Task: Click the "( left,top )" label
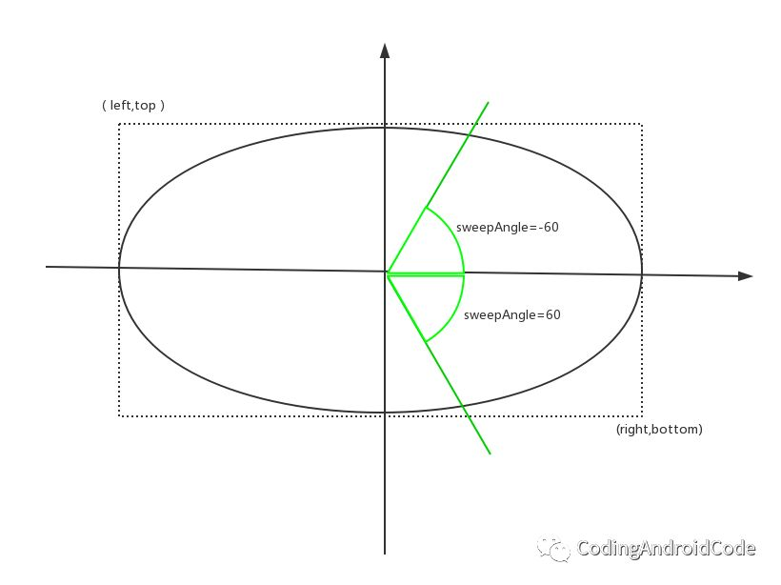point(133,106)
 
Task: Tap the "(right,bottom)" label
point(659,430)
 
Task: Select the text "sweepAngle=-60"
point(507,228)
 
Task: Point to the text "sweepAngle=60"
point(511,314)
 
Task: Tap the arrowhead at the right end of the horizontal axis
point(746,276)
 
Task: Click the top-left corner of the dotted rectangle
point(119,124)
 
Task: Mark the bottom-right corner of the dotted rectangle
point(641,415)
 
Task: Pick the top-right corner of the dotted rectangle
point(641,124)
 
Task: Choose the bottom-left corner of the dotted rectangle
point(119,415)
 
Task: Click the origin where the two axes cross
point(385,272)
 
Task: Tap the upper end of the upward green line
point(488,102)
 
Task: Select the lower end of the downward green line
point(490,454)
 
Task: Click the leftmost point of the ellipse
point(119,269)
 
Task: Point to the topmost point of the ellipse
point(384,126)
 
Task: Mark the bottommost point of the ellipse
point(384,413)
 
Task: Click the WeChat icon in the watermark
point(553,548)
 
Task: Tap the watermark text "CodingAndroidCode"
point(666,549)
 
